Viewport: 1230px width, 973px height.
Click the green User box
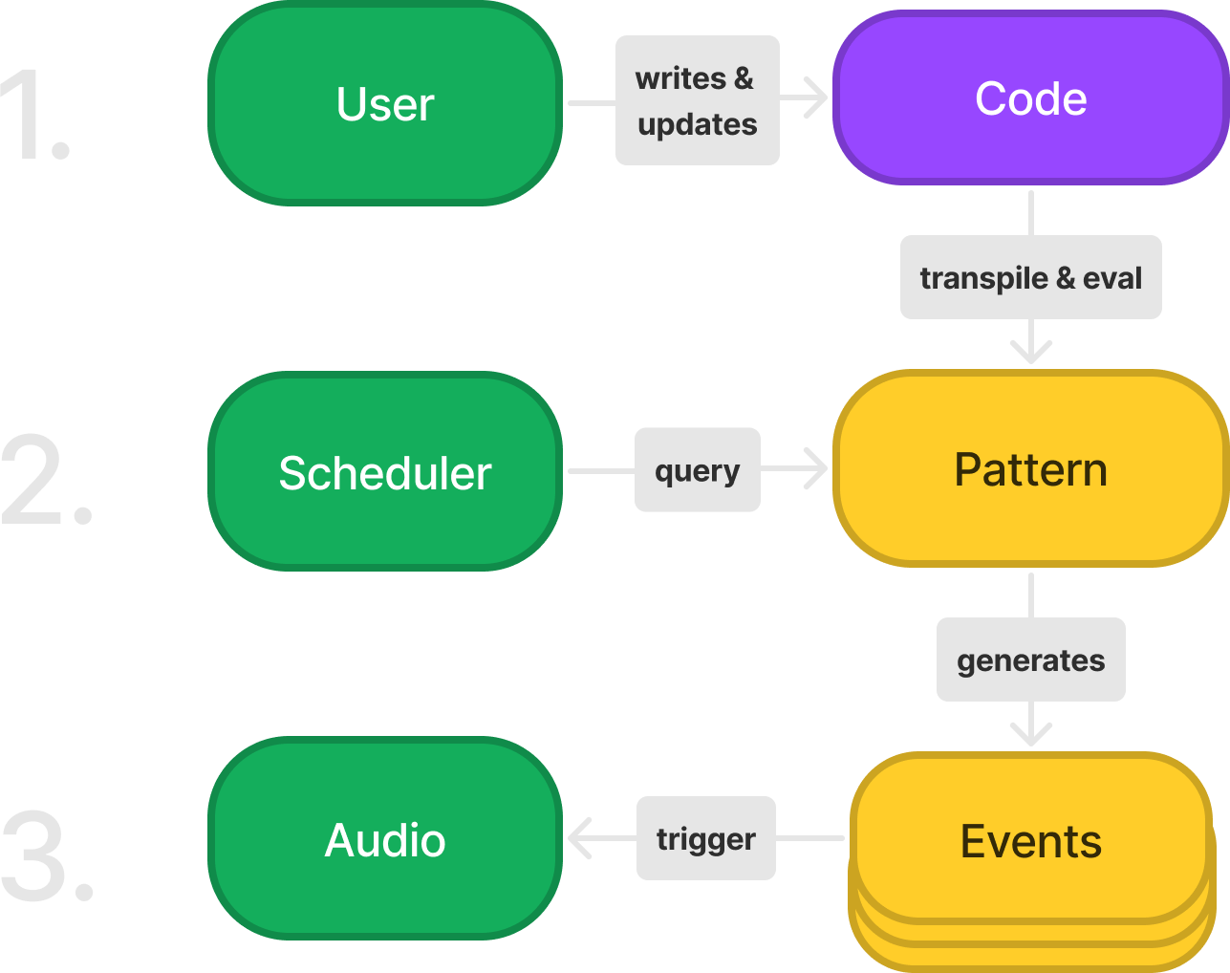click(x=385, y=103)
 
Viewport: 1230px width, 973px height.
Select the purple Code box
click(x=1030, y=98)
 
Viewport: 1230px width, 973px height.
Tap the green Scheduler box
click(x=385, y=472)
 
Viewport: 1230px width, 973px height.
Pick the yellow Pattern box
click(x=1030, y=469)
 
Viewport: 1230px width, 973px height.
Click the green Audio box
click(x=385, y=839)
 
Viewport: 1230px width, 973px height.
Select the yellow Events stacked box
click(x=1030, y=841)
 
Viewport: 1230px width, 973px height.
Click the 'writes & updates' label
click(x=697, y=100)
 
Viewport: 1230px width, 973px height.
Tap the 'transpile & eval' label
click(x=1030, y=278)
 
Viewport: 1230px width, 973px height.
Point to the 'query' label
click(x=697, y=470)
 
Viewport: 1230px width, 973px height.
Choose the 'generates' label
click(x=1030, y=660)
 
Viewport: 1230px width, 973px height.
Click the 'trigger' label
click(x=705, y=838)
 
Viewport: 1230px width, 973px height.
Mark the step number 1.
click(x=36, y=115)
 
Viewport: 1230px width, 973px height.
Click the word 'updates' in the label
click(x=697, y=125)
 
